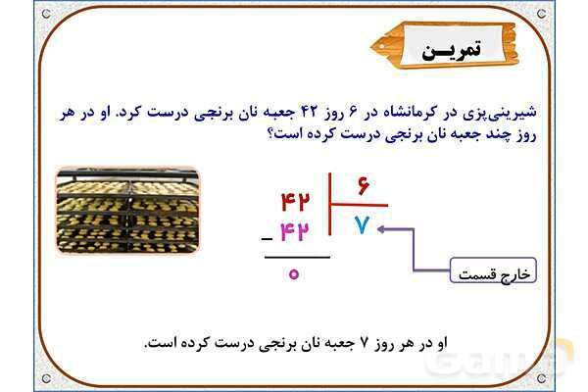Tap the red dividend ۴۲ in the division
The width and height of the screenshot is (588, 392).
[x=295, y=202]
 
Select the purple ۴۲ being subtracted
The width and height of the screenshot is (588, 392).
[x=295, y=233]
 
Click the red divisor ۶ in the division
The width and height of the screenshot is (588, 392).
[x=362, y=187]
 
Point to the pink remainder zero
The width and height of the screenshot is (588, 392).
[x=293, y=273]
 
